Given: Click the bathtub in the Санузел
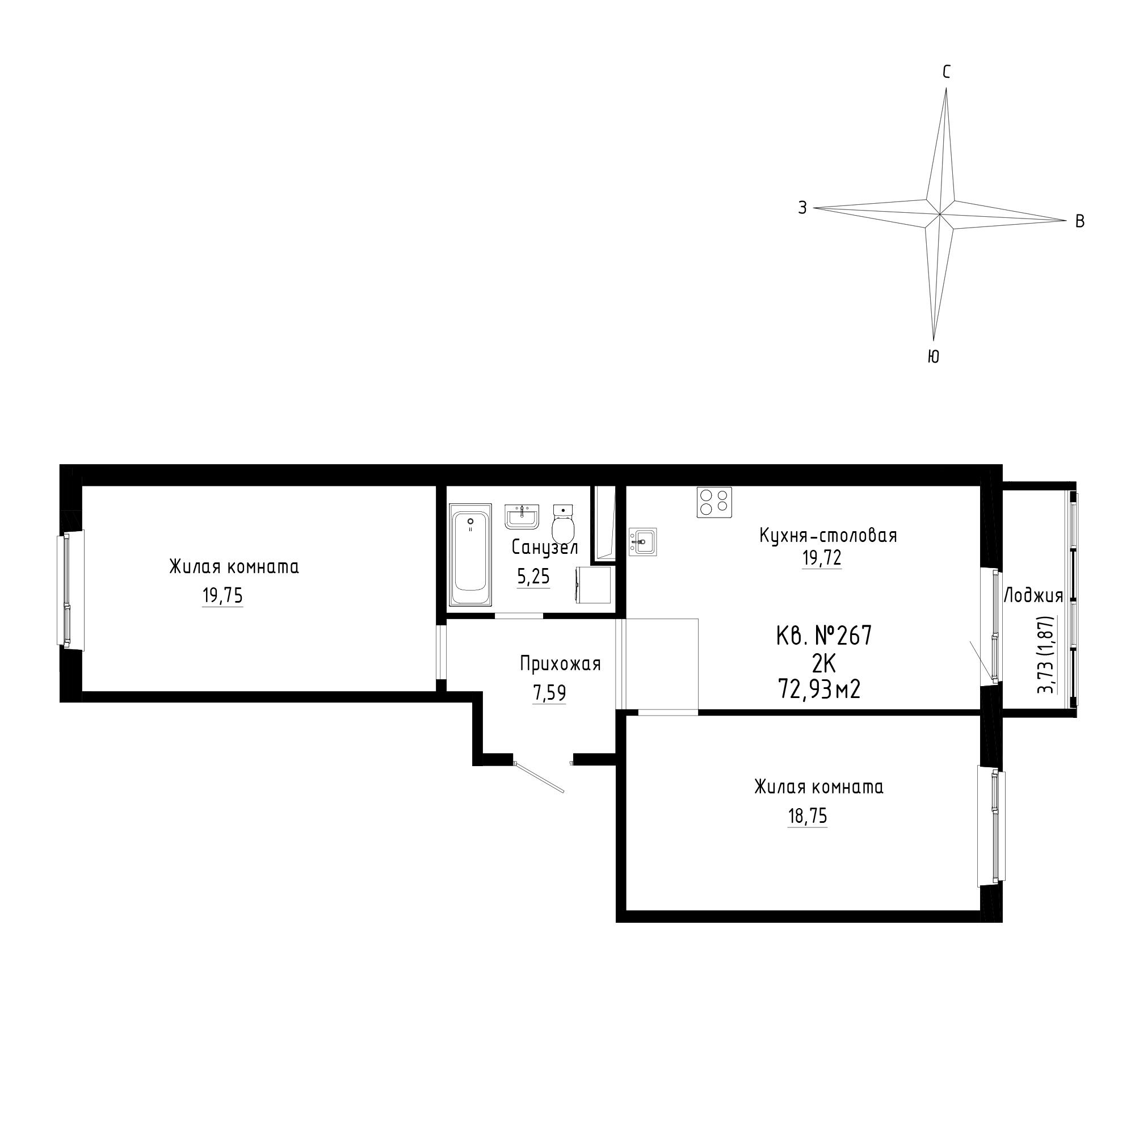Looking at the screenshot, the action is coord(470,554).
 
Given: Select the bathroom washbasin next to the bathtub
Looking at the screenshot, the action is coord(522,516).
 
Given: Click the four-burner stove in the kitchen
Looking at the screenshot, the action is coord(714,502).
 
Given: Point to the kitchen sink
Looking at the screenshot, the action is coord(643,541).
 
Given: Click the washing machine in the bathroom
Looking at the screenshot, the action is coord(594,585).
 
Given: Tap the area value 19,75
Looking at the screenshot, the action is coord(222,596).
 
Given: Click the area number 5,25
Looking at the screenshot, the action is coord(533,578).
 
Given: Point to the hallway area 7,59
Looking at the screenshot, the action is coord(549,694).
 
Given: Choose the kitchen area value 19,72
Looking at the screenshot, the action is coord(822,557).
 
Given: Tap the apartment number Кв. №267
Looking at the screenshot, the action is coord(823,636).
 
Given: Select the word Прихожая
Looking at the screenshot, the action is coord(561,664).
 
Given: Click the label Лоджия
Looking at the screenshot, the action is coord(1033,596).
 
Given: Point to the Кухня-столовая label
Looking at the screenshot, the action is coord(829,535).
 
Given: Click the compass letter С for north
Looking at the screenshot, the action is coord(947,72).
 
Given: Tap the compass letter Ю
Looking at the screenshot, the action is coord(934,356).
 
